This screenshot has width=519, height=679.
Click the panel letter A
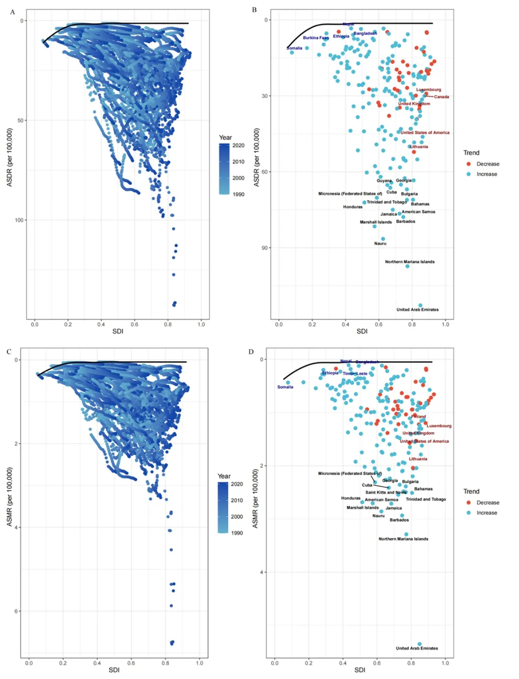pos(12,12)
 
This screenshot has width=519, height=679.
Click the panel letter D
pos(251,352)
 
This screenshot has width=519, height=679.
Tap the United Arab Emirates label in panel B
pos(417,310)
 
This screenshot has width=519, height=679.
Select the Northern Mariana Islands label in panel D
pos(403,539)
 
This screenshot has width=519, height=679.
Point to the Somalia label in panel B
pos(295,48)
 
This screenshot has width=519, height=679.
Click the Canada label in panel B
pos(441,97)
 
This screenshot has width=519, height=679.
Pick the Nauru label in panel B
pos(380,243)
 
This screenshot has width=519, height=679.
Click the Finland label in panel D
pos(419,416)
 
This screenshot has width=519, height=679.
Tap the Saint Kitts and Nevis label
pos(386,492)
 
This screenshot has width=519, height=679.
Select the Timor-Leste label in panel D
pos(355,374)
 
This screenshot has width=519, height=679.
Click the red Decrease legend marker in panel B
pos(469,164)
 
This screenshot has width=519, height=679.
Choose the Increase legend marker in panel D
pos(469,513)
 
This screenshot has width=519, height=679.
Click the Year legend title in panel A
pos(225,138)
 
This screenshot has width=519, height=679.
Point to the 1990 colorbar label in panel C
pos(237,533)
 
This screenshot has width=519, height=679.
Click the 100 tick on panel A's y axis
pos(19,220)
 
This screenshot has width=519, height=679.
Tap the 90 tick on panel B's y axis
pos(265,248)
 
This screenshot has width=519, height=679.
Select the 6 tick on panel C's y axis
pos(17,611)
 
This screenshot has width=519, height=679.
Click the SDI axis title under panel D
pos(359,670)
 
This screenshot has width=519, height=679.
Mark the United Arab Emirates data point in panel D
pos(420,644)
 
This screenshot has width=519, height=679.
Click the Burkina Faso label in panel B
pos(316,38)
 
